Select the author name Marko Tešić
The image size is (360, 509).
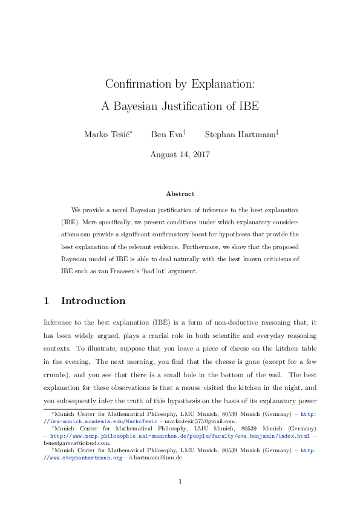click(x=108, y=134)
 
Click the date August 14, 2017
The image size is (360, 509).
click(x=180, y=154)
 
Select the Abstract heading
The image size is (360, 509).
click(x=180, y=193)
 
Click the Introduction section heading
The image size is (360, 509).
click(x=93, y=300)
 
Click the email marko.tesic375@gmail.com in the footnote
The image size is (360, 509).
click(x=187, y=421)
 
